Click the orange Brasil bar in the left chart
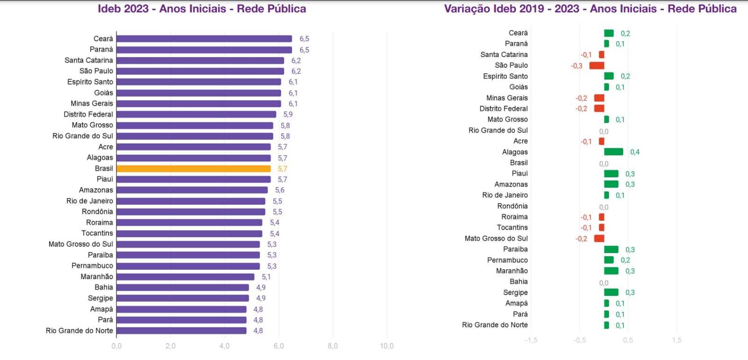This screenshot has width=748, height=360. coord(194,169)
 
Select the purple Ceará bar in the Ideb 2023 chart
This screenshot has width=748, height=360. coord(204,39)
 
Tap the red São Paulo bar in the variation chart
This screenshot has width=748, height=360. coord(597,65)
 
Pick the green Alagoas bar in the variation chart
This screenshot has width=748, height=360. coord(613,152)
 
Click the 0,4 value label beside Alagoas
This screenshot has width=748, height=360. coord(635,152)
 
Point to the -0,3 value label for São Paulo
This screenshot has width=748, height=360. coord(576,66)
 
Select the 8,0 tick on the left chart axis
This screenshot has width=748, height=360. coord(332,346)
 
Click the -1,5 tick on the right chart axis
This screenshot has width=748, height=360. coord(531,340)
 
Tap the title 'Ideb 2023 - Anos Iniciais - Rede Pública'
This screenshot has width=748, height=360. coord(202,9)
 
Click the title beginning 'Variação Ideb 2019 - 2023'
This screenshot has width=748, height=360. coord(590,9)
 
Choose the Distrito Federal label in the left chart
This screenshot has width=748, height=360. coord(88,115)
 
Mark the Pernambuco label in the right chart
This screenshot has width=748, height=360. coord(507,260)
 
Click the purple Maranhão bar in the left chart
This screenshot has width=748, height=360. coord(185,277)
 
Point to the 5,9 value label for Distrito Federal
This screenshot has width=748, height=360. coord(288,115)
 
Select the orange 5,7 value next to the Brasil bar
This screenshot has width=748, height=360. coord(282,169)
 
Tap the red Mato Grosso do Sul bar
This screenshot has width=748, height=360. coord(599,238)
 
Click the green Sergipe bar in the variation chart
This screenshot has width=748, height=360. coord(611,293)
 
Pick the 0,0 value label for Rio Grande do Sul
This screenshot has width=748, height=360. coord(604,131)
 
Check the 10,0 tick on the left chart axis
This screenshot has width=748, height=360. coord(387,346)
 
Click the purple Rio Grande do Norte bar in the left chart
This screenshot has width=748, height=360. coord(181,331)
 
